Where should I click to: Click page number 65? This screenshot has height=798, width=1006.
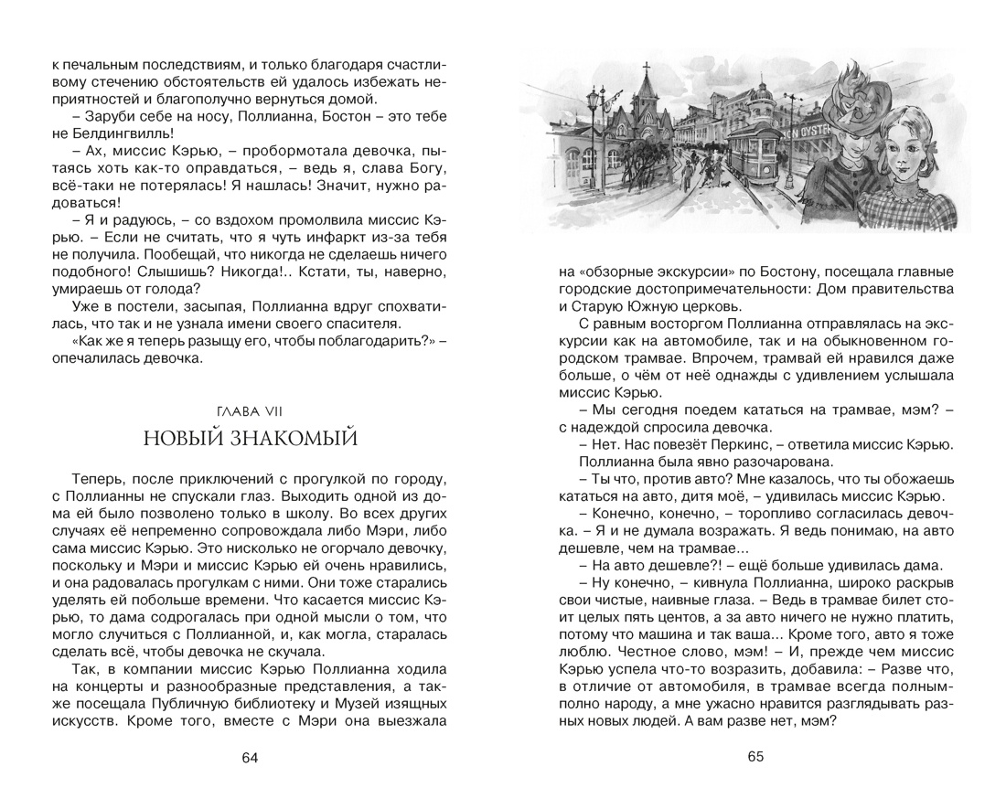[754, 757]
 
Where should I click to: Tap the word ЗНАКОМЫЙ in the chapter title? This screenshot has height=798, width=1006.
[291, 439]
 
